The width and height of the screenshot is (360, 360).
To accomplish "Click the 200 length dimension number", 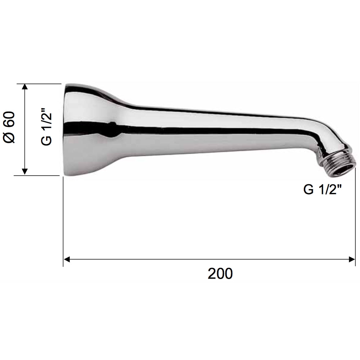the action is pyautogui.click(x=220, y=274).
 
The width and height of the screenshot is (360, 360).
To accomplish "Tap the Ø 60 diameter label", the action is pyautogui.click(x=9, y=127).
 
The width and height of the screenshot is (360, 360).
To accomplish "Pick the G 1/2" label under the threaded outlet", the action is pyautogui.click(x=323, y=189).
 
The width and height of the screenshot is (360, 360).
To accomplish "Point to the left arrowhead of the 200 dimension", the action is pyautogui.click(x=67, y=260).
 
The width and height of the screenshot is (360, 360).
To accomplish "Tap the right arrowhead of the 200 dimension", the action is pyautogui.click(x=352, y=260).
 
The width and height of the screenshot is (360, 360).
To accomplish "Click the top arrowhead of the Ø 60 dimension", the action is pyautogui.click(x=25, y=87).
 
